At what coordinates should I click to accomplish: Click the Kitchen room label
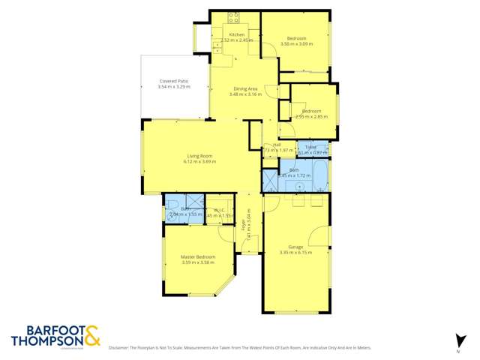237,35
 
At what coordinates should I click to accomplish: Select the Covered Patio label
173,81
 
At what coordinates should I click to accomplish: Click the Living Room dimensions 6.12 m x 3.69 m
199,161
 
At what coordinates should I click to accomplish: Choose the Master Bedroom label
198,257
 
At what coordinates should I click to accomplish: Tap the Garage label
295,247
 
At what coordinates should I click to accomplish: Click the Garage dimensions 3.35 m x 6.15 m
295,253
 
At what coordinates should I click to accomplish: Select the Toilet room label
311,147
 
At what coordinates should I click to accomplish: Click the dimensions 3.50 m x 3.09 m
295,43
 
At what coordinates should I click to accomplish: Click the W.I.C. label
220,210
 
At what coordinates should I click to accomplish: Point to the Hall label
277,145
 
